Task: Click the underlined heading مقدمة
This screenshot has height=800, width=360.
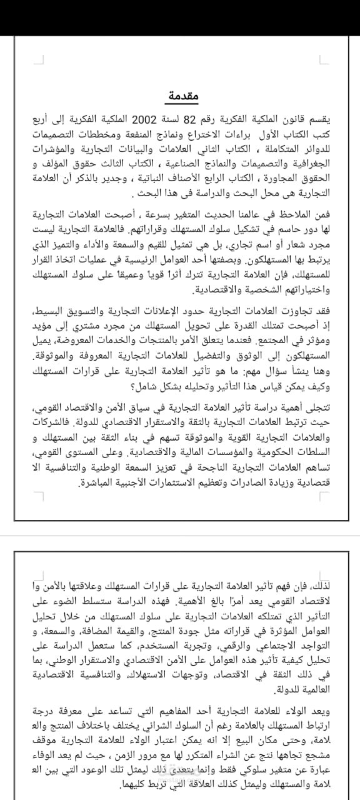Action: click(x=182, y=96)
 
